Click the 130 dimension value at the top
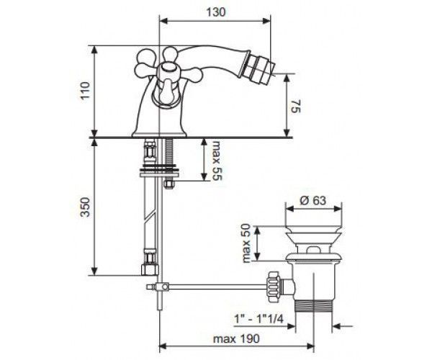pyautogui.click(x=216, y=12)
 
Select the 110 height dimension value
pyautogui.click(x=85, y=91)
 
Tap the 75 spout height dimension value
pyautogui.click(x=296, y=106)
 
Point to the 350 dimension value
pyautogui.click(x=85, y=207)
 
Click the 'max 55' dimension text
pyautogui.click(x=217, y=161)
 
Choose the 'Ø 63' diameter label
pyautogui.click(x=313, y=200)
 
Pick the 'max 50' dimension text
pyautogui.click(x=246, y=243)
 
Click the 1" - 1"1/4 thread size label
pyautogui.click(x=258, y=319)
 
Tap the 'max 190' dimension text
pyautogui.click(x=236, y=338)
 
